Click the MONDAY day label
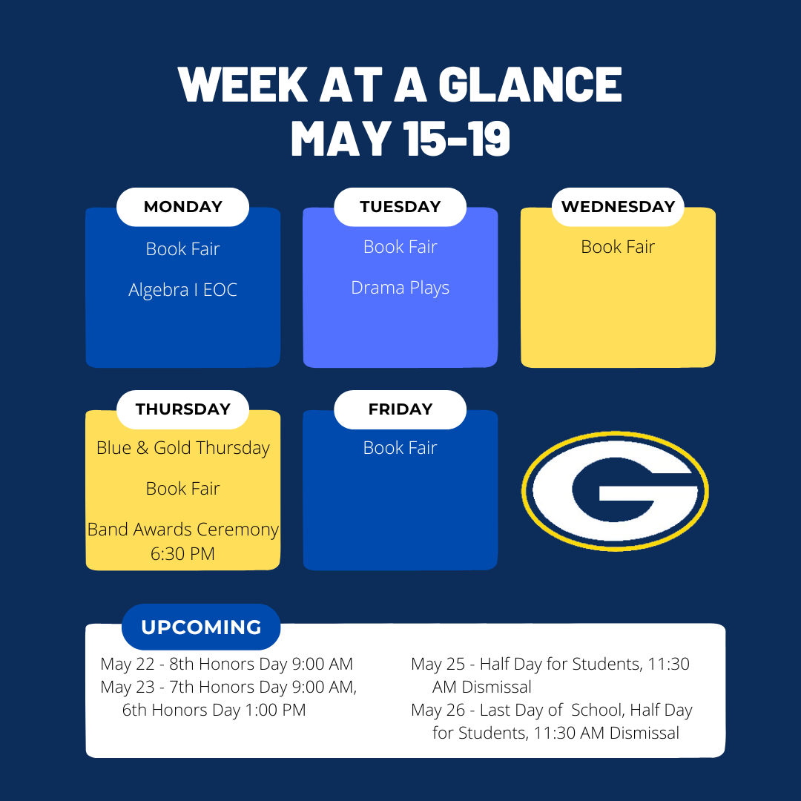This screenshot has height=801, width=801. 183,207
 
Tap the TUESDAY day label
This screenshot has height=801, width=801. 400,207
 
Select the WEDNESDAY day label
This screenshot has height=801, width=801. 618,207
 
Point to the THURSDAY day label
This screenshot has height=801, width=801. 183,409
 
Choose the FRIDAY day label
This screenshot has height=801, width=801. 400,409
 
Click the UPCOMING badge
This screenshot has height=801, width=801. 201,627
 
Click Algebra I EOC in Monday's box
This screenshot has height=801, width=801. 183,290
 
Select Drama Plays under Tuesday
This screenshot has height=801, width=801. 400,288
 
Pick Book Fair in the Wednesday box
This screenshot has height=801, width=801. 618,247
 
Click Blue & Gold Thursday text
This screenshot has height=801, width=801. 183,448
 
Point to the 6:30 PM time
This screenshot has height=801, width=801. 182,554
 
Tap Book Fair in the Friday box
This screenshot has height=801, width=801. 400,448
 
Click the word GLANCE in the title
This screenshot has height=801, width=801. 530,85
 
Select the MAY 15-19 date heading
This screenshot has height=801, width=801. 400,139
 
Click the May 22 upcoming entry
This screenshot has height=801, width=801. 227,664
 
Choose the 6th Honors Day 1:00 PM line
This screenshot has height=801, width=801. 214,710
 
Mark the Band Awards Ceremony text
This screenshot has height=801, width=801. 183,530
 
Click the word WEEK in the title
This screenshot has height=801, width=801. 243,85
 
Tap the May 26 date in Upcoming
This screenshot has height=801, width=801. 438,710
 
